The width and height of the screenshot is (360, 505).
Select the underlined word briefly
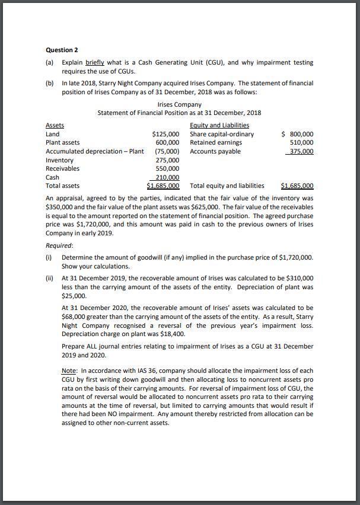coord(95,62)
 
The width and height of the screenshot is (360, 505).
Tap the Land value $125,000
coord(166,134)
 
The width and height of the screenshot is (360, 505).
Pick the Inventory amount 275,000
coord(167,160)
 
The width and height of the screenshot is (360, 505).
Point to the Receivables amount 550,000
coord(167,168)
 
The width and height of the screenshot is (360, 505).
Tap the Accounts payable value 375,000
coord(300,151)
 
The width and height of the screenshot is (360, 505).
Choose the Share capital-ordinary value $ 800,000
coord(298,134)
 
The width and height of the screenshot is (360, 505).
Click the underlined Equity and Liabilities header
coord(219,125)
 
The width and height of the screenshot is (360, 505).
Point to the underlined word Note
coord(69,370)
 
